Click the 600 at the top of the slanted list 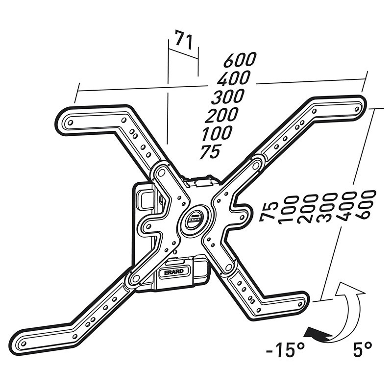point(240,60)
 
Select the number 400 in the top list point(234,78)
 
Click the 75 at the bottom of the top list point(210,152)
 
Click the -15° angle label point(286,350)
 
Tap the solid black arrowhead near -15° point(310,334)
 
